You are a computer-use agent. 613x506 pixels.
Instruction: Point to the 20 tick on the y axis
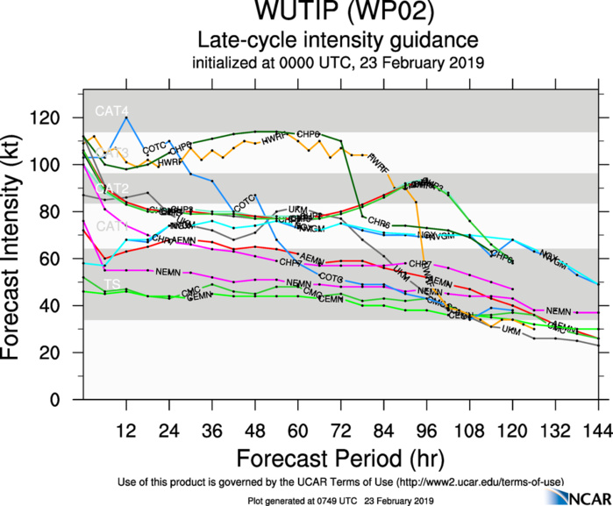[63, 353]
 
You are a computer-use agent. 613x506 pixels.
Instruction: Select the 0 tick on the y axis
[68, 400]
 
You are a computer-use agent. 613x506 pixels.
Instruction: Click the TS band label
[112, 285]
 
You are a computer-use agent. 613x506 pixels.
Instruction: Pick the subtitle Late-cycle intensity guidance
[338, 40]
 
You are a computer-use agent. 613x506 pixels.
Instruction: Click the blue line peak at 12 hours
[126, 118]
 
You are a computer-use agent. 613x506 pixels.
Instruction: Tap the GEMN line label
[200, 297]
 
